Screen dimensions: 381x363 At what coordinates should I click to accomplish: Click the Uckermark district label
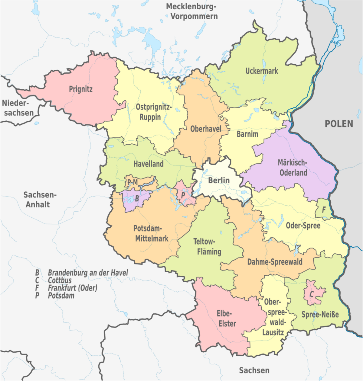(x=262, y=71)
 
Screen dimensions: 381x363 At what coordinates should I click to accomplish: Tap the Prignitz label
(x=80, y=89)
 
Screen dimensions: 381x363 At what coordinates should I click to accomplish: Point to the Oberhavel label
(x=206, y=129)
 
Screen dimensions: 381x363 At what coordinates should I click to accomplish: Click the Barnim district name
(x=247, y=134)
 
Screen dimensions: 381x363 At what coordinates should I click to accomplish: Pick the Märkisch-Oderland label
(x=293, y=168)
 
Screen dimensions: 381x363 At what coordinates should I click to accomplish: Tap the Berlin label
(x=219, y=181)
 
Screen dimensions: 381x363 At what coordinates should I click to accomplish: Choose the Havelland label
(x=148, y=164)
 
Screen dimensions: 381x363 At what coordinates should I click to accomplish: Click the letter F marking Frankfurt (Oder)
(x=324, y=210)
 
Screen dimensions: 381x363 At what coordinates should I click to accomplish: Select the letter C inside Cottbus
(x=311, y=294)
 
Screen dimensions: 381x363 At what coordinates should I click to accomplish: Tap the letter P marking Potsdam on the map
(x=183, y=195)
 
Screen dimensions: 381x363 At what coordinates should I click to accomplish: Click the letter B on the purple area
(x=137, y=199)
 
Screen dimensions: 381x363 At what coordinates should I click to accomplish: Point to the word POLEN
(x=339, y=124)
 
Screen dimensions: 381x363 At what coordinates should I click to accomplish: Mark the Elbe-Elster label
(x=227, y=319)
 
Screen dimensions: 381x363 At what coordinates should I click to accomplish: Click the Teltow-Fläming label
(x=207, y=246)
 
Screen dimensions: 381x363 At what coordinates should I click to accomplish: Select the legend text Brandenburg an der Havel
(x=88, y=273)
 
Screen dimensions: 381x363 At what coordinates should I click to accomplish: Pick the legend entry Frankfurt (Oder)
(x=73, y=288)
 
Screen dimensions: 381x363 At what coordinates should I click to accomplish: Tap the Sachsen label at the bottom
(x=254, y=370)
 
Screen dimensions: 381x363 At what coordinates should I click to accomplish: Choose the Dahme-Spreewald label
(x=275, y=262)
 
